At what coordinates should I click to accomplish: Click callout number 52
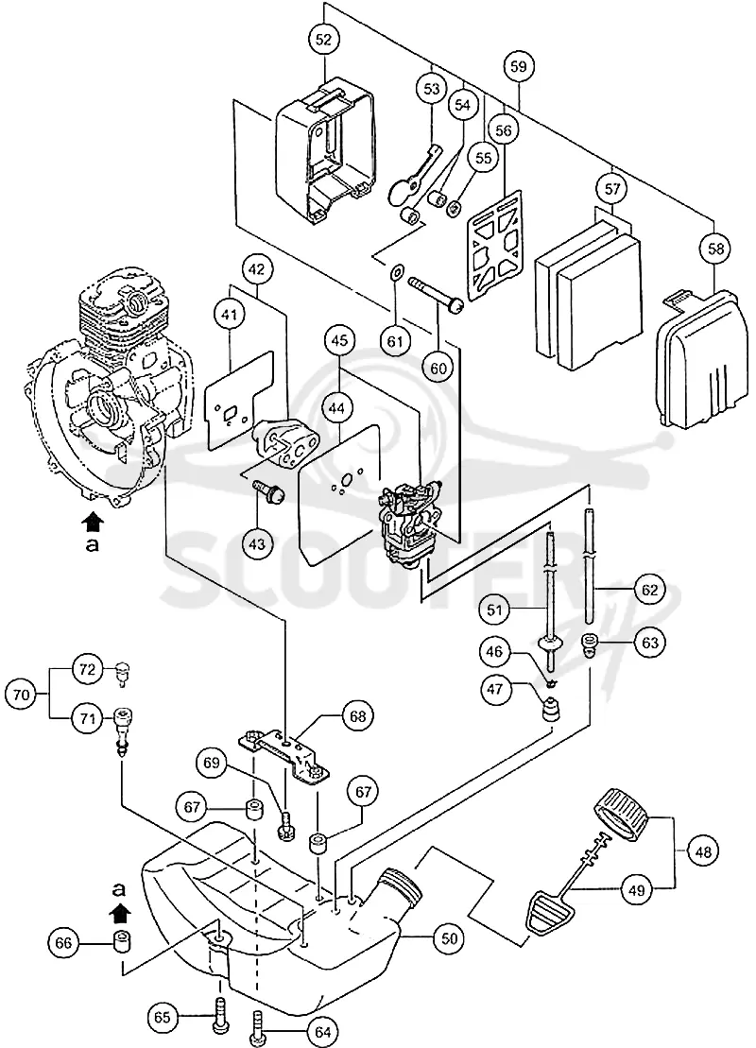tap(323, 40)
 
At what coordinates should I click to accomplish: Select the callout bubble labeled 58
tap(715, 249)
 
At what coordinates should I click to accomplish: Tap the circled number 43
tap(257, 543)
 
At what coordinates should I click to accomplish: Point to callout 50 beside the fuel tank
tap(449, 938)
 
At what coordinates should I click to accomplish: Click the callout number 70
tap(22, 695)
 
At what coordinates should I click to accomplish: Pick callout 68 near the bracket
tap(358, 716)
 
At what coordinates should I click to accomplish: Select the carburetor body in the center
tap(410, 516)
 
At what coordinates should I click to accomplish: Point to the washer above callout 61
tap(396, 272)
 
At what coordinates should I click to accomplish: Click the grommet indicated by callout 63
tap(590, 644)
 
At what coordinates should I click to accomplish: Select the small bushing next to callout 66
tap(122, 943)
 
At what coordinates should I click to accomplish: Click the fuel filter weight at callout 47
tap(551, 708)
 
